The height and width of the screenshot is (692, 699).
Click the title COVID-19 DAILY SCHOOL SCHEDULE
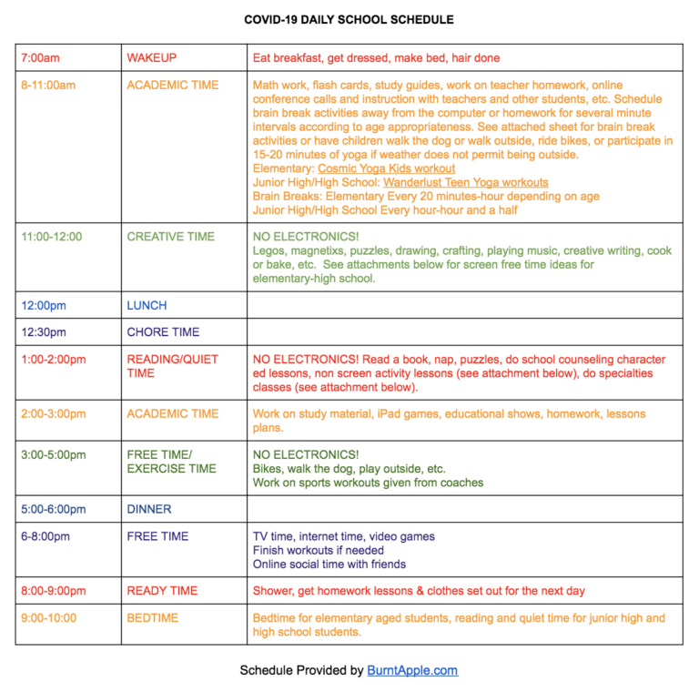[x=349, y=19]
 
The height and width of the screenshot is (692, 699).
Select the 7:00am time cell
[x=40, y=58]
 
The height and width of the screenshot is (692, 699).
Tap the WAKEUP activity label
[x=151, y=58]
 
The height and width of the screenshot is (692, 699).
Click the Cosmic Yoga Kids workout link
[x=386, y=168]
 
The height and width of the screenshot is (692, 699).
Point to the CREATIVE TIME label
[x=171, y=237]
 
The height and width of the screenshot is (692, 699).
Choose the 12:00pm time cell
[x=44, y=305]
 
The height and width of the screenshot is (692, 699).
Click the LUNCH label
[x=147, y=305]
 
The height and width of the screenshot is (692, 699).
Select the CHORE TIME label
[x=163, y=332]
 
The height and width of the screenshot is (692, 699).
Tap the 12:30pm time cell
[x=44, y=332]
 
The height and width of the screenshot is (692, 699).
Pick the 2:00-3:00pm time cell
[x=54, y=414]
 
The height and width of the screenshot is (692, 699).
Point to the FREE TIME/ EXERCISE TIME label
[x=171, y=462]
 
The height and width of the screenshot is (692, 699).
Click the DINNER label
[x=149, y=510]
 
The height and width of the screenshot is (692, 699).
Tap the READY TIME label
[x=162, y=591]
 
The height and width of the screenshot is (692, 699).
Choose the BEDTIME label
[x=153, y=618]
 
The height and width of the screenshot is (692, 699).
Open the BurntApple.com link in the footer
[x=412, y=671]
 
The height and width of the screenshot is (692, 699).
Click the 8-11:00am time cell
[x=48, y=86]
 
